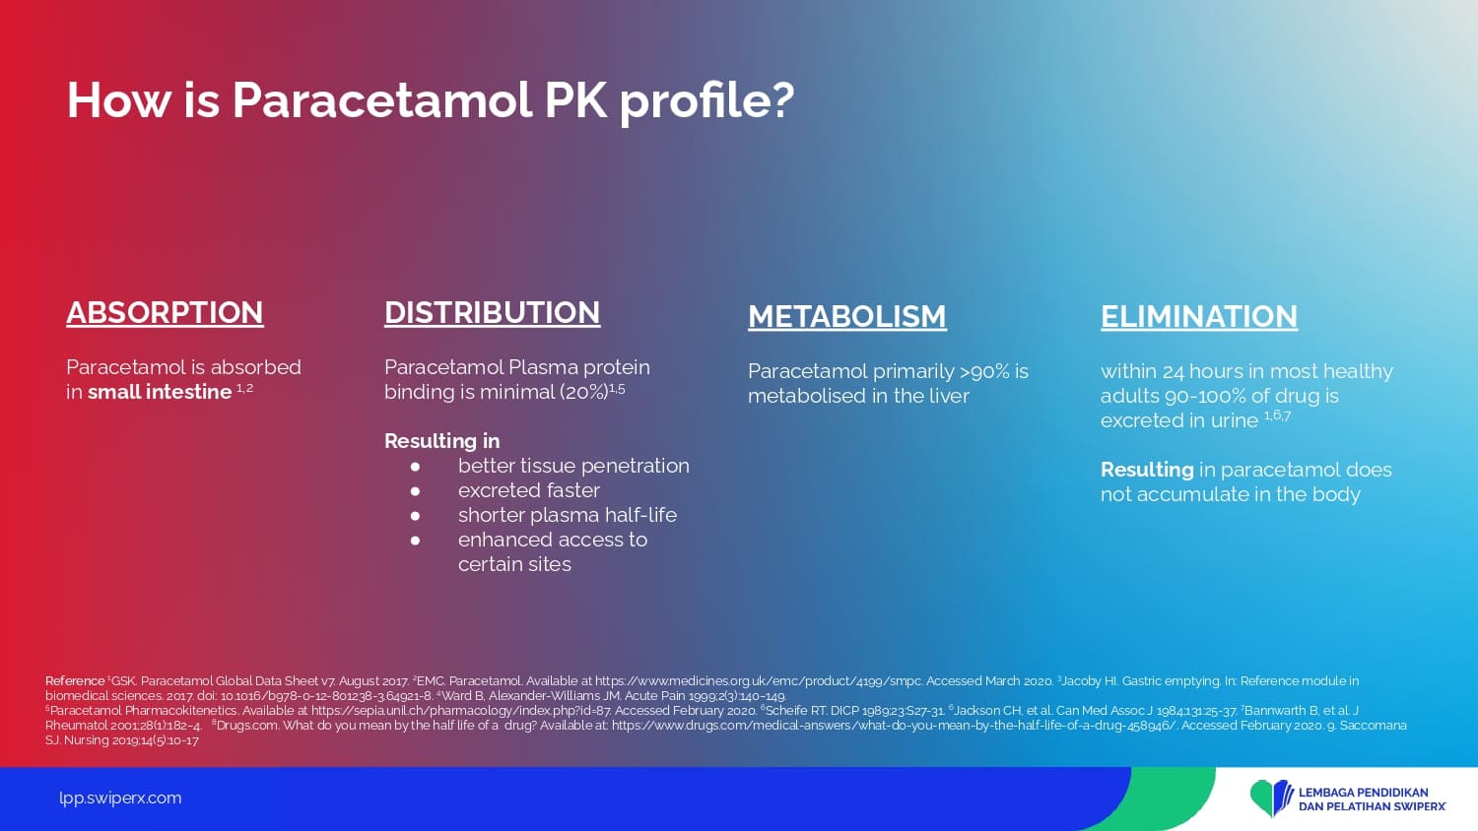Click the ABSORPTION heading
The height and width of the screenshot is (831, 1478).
[x=165, y=313]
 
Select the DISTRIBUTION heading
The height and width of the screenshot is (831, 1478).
[x=493, y=313]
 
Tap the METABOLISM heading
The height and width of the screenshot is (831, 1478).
[x=847, y=317]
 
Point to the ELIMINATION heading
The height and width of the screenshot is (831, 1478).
[x=1199, y=317]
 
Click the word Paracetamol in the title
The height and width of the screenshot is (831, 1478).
[x=382, y=100]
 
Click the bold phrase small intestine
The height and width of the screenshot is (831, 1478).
[x=160, y=392]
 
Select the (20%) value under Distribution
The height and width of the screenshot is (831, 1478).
[x=583, y=392]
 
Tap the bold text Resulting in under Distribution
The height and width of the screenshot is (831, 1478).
[x=442, y=440]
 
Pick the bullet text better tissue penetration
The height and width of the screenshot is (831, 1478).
[x=573, y=466]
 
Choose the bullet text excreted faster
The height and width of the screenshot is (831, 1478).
[x=529, y=490]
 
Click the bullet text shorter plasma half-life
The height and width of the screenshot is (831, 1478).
[x=568, y=514]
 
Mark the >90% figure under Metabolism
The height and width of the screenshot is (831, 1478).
[x=984, y=371]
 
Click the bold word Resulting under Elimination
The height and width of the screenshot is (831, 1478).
[x=1147, y=470]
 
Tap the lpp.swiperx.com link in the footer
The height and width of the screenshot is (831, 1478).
[x=120, y=799]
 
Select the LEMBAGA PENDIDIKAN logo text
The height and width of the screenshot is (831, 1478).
[x=1363, y=792]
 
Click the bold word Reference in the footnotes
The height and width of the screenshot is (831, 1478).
[x=75, y=680]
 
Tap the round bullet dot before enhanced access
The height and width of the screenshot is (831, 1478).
[x=415, y=541]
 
